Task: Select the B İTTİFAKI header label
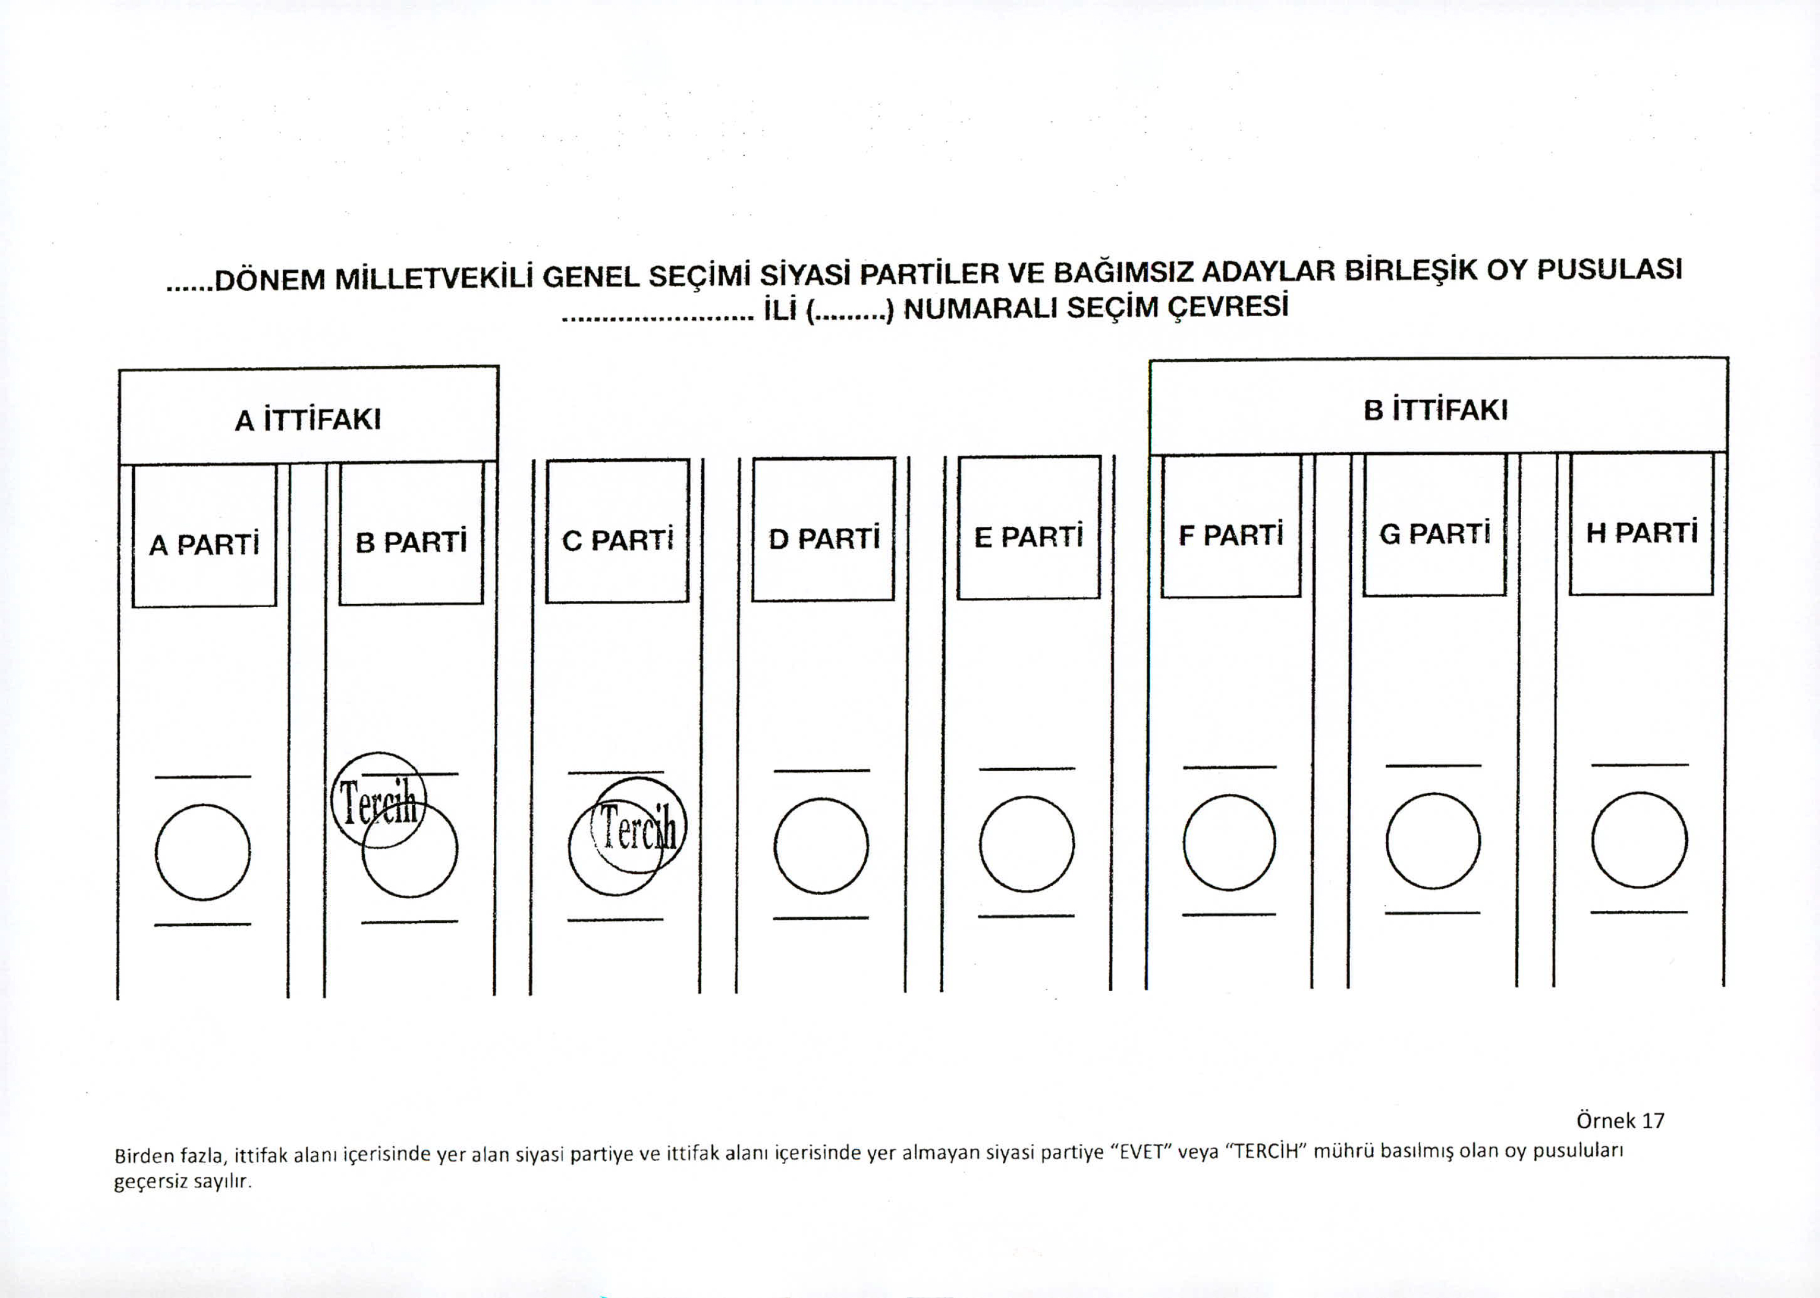coord(1435,411)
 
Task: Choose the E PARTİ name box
coord(1029,528)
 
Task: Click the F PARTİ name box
coord(1231,526)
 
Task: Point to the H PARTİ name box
coord(1641,524)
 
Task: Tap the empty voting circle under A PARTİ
coord(203,852)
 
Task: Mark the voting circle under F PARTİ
coord(1230,842)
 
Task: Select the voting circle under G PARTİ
coord(1433,841)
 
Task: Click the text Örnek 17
coord(1620,1120)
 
